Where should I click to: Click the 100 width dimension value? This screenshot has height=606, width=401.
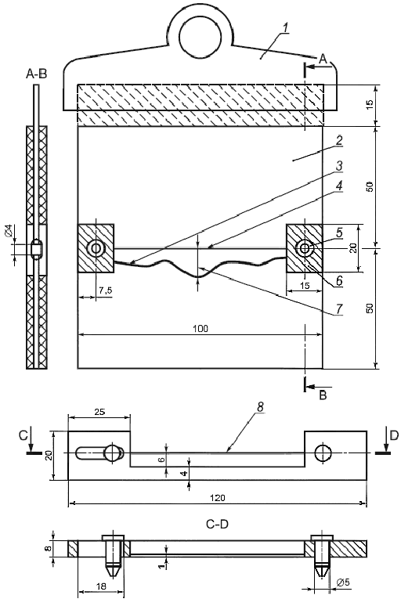(x=200, y=330)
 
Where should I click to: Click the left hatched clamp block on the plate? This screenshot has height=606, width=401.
(x=96, y=248)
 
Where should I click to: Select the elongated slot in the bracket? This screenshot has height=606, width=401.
(x=99, y=453)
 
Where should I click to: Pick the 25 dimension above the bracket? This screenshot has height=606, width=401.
(x=99, y=411)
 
